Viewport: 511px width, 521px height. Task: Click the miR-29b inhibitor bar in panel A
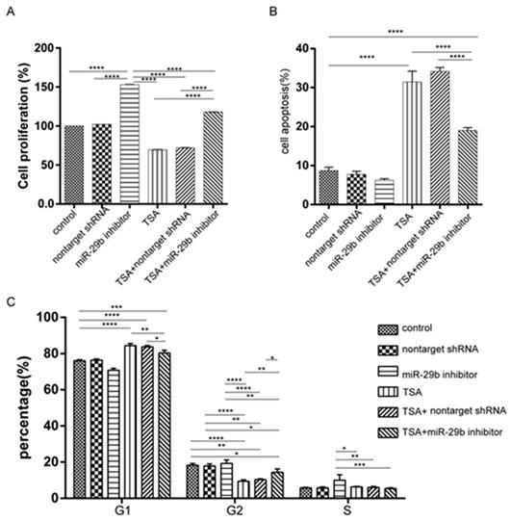(x=130, y=143)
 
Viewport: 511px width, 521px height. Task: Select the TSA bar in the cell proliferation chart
(x=158, y=176)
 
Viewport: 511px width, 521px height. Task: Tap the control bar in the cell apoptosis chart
(x=329, y=187)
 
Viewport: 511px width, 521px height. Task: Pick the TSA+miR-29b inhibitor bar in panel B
(x=468, y=167)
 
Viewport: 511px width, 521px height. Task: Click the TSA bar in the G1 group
(x=130, y=422)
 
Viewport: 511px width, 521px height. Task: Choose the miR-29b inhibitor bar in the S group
(x=340, y=489)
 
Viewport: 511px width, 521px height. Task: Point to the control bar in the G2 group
(x=192, y=482)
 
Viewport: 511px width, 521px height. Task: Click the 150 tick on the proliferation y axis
(x=46, y=87)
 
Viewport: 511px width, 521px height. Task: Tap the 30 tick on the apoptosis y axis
(x=302, y=88)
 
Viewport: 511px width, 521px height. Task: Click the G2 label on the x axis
(x=235, y=510)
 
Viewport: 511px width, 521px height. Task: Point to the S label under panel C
(x=347, y=510)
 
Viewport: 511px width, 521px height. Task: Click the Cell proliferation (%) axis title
(x=24, y=126)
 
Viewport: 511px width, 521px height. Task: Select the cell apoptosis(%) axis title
(x=285, y=111)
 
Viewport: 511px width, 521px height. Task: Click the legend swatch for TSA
(x=388, y=392)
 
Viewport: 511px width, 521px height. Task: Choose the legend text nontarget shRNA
(x=440, y=350)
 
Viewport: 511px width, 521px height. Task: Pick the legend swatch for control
(x=388, y=329)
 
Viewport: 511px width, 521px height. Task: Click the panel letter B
(x=273, y=12)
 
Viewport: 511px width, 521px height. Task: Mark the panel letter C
(x=11, y=302)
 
